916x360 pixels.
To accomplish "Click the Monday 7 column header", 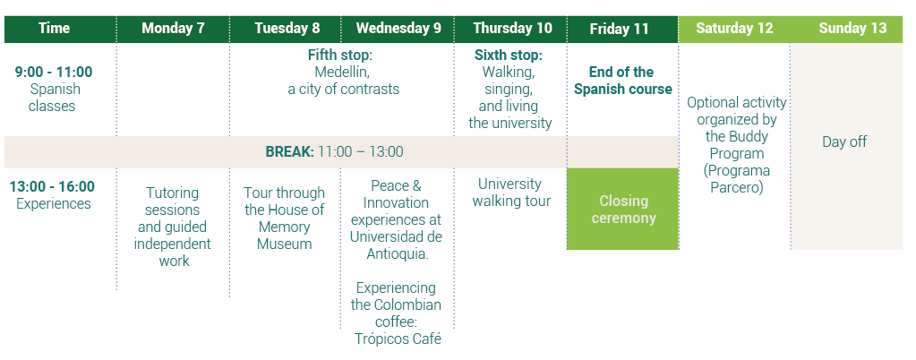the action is pyautogui.click(x=173, y=29).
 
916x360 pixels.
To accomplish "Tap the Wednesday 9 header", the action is pyautogui.click(x=398, y=29).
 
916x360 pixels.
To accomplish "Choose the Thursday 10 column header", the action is pyautogui.click(x=512, y=29).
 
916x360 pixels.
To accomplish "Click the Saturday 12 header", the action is pyautogui.click(x=734, y=29).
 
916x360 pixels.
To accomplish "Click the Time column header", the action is pyautogui.click(x=54, y=29).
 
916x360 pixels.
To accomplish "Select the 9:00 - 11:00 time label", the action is pyautogui.click(x=54, y=73).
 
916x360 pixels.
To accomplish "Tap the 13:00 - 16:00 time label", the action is pyautogui.click(x=52, y=187).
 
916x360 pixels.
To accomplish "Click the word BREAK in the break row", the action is pyautogui.click(x=290, y=152).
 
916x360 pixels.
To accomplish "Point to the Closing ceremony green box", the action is pyautogui.click(x=622, y=210).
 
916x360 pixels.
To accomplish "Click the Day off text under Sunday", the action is pyautogui.click(x=844, y=142).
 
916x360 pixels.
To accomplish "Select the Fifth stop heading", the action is pyautogui.click(x=340, y=56).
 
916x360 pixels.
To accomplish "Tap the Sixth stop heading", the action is pyautogui.click(x=509, y=56).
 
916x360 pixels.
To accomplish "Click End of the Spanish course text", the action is pyautogui.click(x=622, y=81).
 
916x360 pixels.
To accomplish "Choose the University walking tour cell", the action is pyautogui.click(x=511, y=193).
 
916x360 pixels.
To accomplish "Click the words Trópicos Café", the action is pyautogui.click(x=398, y=339).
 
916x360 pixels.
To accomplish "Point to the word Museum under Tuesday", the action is pyautogui.click(x=285, y=244).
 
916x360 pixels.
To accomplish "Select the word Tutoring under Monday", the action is pyautogui.click(x=172, y=193).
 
